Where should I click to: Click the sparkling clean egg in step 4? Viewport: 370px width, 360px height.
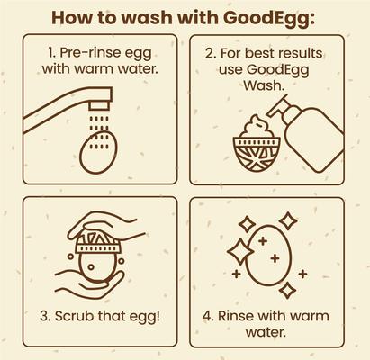tap(271, 256)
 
